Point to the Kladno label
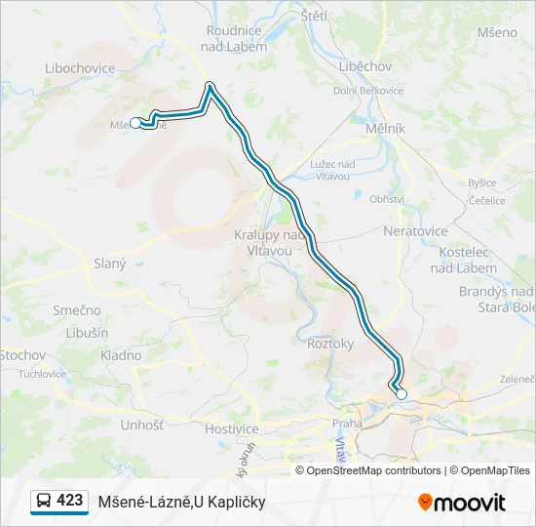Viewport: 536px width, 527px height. pos(121,355)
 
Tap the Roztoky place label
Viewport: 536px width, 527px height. pos(329,344)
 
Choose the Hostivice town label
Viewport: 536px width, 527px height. pos(232,428)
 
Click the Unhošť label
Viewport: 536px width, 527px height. pos(141,425)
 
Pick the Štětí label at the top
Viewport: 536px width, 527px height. pos(314,17)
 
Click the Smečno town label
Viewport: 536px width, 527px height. pos(77,310)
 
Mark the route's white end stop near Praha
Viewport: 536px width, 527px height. pos(401,394)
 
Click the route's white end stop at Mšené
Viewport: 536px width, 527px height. pos(135,123)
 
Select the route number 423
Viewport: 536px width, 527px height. pos(70,501)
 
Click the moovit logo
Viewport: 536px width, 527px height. pos(462,503)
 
